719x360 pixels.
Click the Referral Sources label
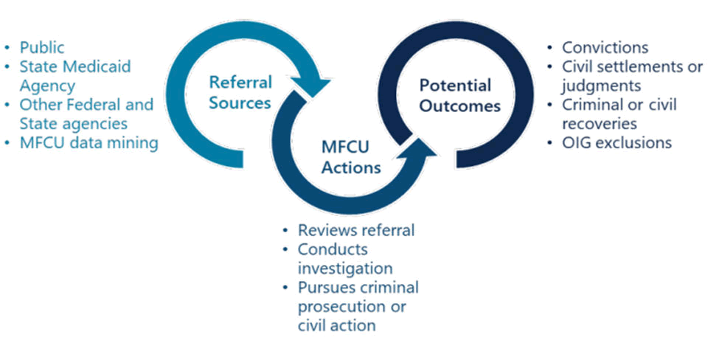point(240,92)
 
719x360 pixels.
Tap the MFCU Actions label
point(350,157)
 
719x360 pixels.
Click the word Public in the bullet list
point(43,47)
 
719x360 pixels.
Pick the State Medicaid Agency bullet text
point(75,76)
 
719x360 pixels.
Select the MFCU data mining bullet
point(89,142)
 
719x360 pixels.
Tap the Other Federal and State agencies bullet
point(86,114)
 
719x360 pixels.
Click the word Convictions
point(605,48)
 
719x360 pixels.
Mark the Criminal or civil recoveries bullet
point(619,114)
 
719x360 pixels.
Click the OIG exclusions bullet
point(616,143)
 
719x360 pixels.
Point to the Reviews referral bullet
point(356,230)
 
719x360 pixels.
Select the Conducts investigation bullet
point(344,258)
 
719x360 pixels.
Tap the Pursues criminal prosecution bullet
point(358,297)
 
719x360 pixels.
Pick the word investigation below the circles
point(344,268)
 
